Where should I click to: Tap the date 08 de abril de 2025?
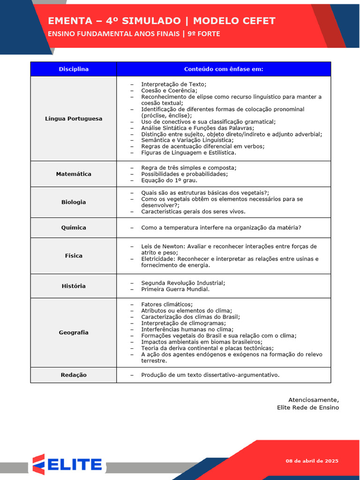pyautogui.click(x=312, y=461)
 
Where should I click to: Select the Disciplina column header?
pyautogui.click(x=74, y=69)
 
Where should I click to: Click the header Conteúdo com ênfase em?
pyautogui.click(x=224, y=69)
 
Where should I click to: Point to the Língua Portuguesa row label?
pyautogui.click(x=74, y=119)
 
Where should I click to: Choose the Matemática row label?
pyautogui.click(x=74, y=174)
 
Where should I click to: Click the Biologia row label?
pyautogui.click(x=74, y=202)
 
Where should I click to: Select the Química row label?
pyautogui.click(x=74, y=227)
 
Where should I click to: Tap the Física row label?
pyautogui.click(x=74, y=255)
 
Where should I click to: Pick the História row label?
pyautogui.click(x=74, y=286)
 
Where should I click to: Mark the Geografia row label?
pyautogui.click(x=74, y=332)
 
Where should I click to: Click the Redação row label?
pyautogui.click(x=74, y=375)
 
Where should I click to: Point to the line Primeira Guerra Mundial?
pyautogui.click(x=175, y=289)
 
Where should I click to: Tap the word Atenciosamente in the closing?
pyautogui.click(x=313, y=400)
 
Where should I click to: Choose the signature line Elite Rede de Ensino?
pyautogui.click(x=307, y=407)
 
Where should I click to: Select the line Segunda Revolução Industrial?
pyautogui.click(x=183, y=283)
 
